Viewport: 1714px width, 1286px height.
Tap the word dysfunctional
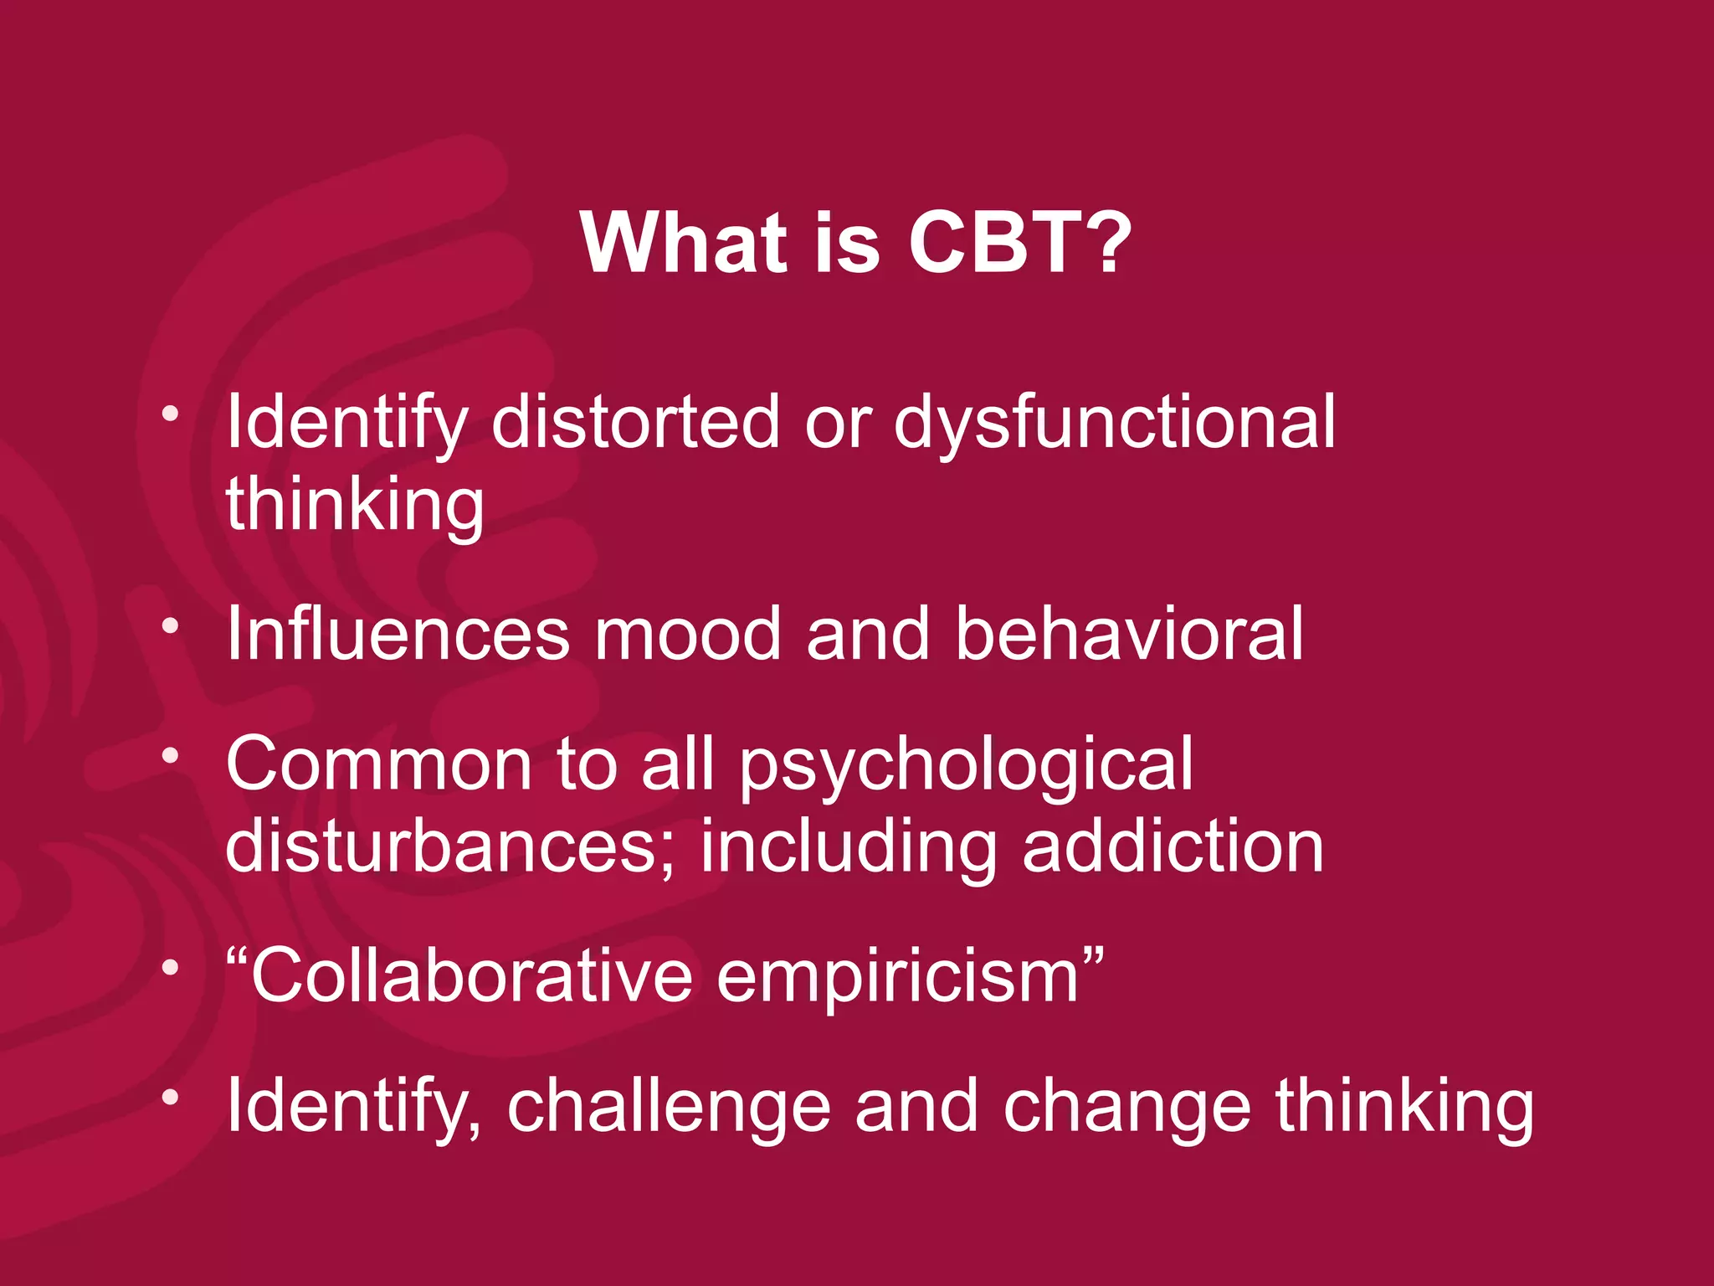[1114, 423]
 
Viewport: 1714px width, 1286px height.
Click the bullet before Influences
[171, 625]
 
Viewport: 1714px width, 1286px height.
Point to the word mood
[687, 634]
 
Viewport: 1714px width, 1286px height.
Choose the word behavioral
[1129, 634]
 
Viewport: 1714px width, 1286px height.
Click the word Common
[379, 764]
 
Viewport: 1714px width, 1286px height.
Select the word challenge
[669, 1107]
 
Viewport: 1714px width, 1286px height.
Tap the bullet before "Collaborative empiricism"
[171, 968]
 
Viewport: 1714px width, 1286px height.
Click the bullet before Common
[171, 756]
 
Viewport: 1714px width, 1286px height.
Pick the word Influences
[398, 634]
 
